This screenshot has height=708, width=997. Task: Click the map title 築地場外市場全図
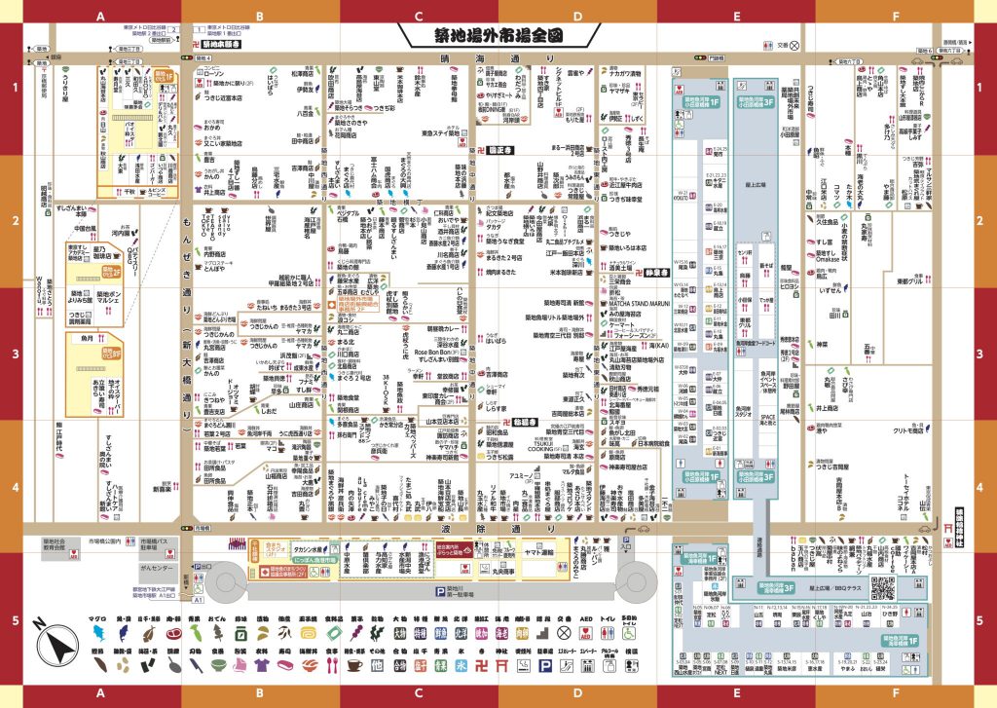[x=498, y=35]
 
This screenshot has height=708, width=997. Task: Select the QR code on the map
[x=853, y=587]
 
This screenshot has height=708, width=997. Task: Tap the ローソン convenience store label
[x=214, y=74]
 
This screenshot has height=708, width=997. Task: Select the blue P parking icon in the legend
[x=548, y=665]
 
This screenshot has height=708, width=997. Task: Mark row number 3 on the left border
[x=16, y=354]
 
